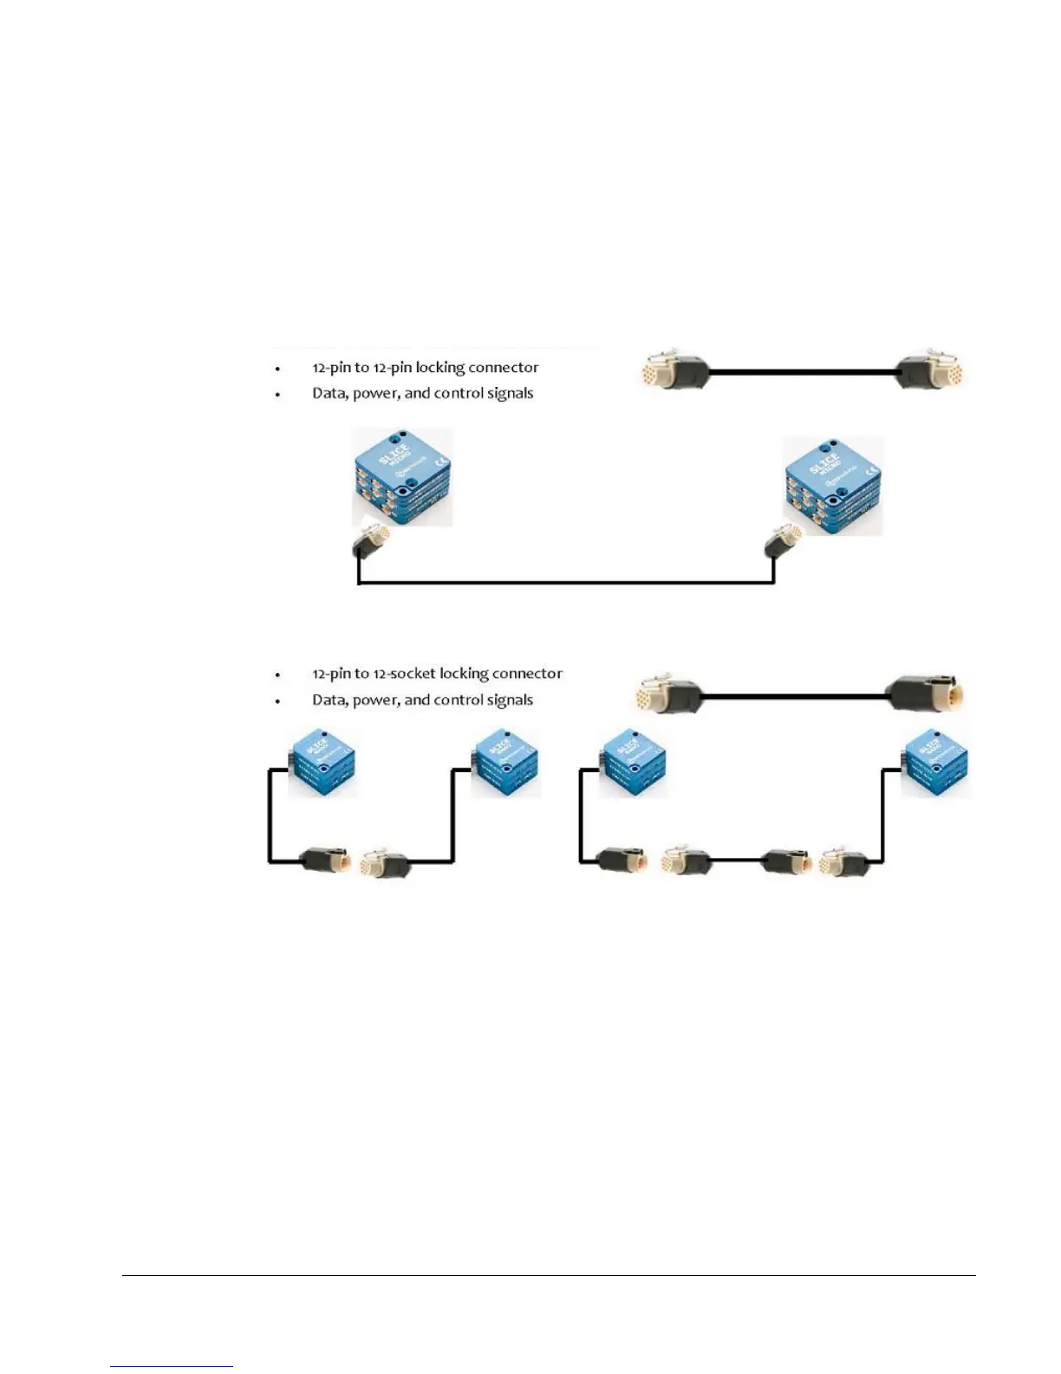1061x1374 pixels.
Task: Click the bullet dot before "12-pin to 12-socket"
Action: (278, 675)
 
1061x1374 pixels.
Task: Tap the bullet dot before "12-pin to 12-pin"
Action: (278, 369)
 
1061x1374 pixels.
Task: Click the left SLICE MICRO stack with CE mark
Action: (402, 476)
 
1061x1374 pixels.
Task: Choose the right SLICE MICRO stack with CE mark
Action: (832, 485)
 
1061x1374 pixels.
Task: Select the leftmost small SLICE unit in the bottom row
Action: (322, 763)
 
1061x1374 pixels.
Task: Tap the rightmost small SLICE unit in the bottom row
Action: (934, 763)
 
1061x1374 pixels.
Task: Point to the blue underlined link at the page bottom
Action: (172, 1366)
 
